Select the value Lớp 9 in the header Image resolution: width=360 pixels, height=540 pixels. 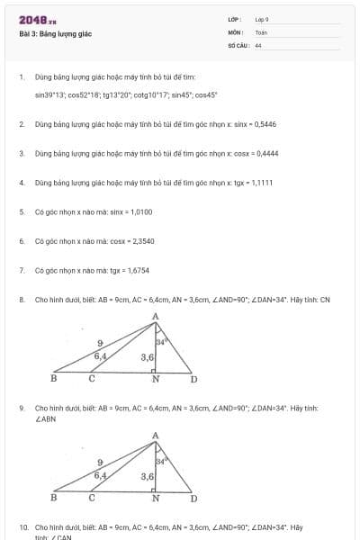tap(262, 19)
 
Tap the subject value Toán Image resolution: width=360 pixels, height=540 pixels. tap(261, 31)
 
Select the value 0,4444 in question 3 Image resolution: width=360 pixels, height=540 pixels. tap(265, 153)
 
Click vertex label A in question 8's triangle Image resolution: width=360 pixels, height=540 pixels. tap(156, 316)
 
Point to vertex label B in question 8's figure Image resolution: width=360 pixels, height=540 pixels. tap(53, 379)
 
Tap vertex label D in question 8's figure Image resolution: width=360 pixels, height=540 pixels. tap(193, 379)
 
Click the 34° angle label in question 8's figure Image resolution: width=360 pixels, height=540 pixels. tap(162, 342)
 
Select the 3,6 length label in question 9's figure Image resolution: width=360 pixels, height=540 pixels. tap(148, 476)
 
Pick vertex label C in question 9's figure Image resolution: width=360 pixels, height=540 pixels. tap(92, 497)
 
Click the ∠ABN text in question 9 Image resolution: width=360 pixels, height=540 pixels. tap(46, 418)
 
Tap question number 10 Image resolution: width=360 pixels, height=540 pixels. tap(22, 526)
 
